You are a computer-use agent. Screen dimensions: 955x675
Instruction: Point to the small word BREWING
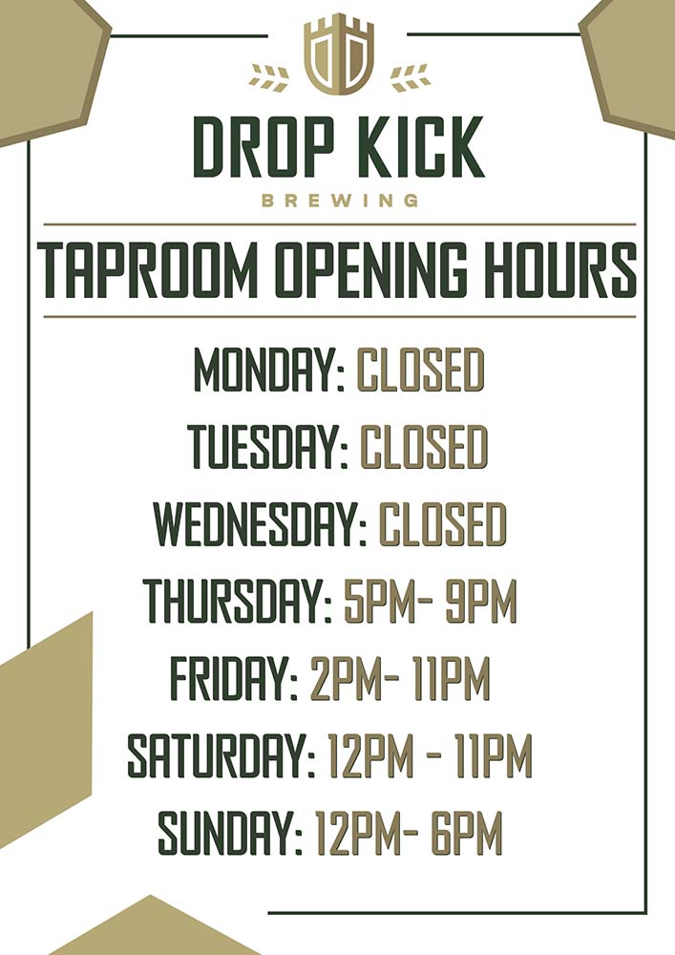[339, 201]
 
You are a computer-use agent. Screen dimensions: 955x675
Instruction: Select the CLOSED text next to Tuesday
[424, 447]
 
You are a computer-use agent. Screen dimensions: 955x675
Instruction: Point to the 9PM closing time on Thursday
[481, 601]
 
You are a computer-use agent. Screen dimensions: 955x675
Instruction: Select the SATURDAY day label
[221, 754]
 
